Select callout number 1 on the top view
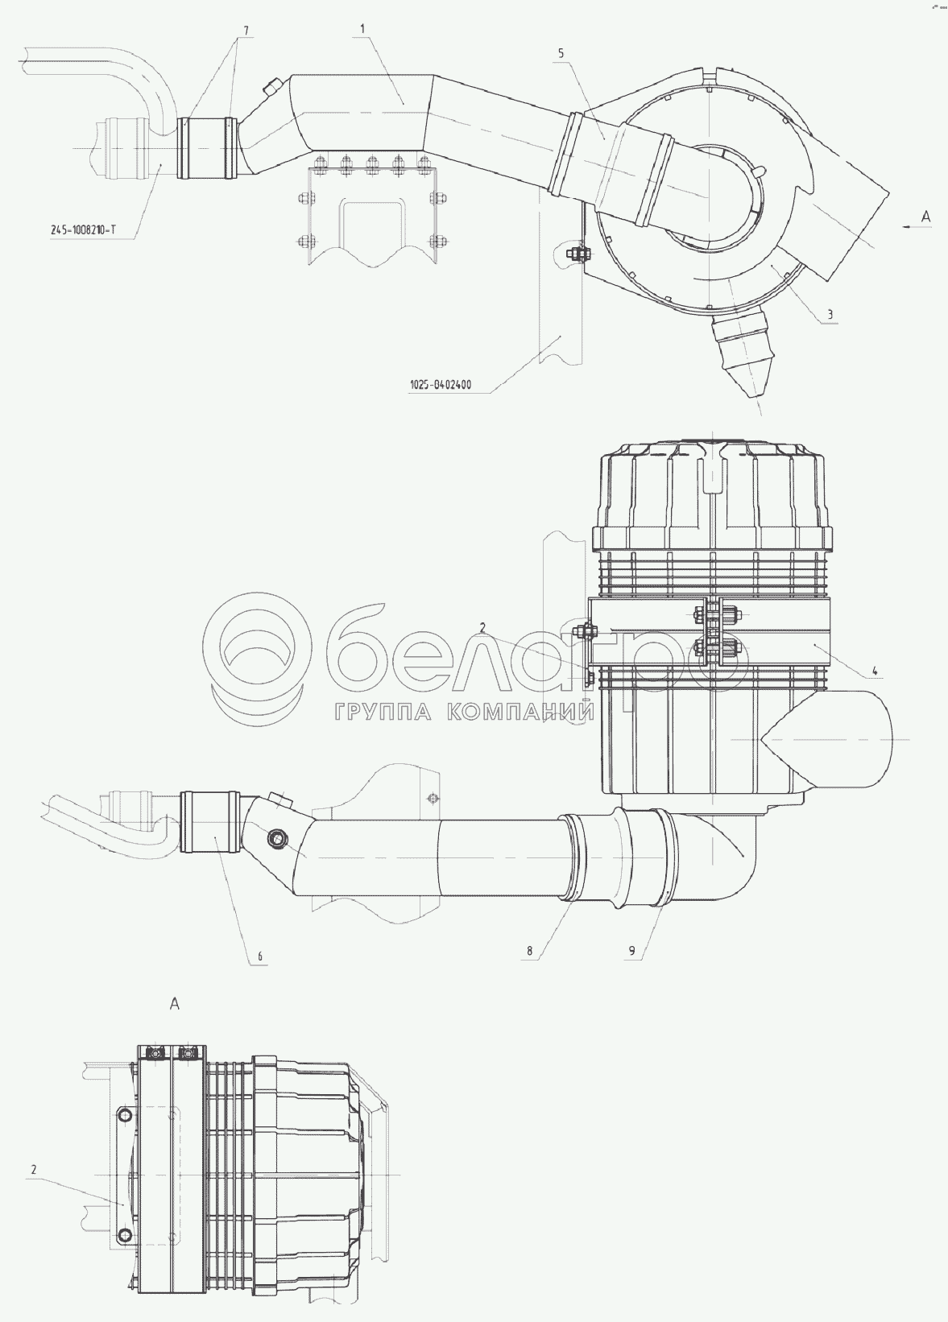coord(362,28)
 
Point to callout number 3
coord(830,315)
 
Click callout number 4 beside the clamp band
coord(876,670)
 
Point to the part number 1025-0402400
coord(441,385)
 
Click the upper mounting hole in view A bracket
coord(125,1115)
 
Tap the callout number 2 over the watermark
coord(482,629)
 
